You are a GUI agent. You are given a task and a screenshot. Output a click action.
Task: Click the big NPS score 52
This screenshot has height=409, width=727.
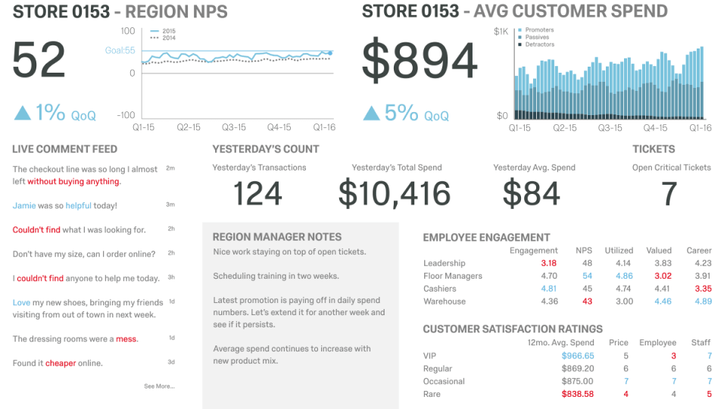39,61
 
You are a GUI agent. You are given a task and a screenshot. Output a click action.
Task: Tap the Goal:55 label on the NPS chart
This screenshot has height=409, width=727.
120,51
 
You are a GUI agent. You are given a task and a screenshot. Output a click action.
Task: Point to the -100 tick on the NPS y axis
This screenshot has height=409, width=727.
125,115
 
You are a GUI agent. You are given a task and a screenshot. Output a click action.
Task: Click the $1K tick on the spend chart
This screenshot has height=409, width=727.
501,31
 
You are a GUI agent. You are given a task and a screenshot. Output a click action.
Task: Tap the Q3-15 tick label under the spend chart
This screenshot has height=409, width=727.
610,128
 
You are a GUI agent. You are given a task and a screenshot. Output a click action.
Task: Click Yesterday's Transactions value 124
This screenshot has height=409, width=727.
257,194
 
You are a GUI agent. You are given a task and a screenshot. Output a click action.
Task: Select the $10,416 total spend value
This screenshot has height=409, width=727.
395,194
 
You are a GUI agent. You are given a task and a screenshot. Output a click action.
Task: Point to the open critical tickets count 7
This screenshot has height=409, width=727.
669,194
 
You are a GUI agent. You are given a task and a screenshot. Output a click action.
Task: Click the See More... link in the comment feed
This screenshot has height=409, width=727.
159,386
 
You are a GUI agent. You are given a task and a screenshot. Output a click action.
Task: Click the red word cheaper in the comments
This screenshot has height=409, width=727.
61,363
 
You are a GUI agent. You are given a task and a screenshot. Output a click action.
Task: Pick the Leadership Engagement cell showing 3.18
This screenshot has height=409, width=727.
549,264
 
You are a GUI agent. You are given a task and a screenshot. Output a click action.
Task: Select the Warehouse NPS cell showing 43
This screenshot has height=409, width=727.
587,301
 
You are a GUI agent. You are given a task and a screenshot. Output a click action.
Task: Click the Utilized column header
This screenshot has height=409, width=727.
619,250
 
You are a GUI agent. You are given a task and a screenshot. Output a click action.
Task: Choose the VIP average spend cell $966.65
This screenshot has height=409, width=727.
578,355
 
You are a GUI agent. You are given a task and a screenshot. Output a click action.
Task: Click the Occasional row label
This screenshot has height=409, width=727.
444,381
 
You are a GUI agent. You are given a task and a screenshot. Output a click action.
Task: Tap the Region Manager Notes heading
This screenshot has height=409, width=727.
277,237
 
